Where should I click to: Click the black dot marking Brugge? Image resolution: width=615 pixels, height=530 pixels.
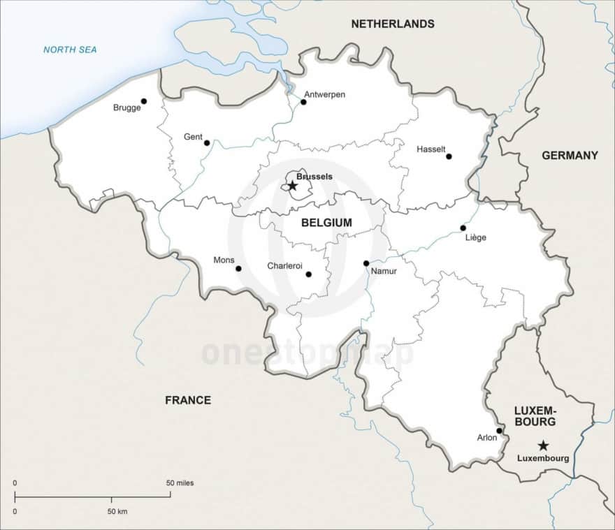(144, 101)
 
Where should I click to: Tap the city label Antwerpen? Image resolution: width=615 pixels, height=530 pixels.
(324, 94)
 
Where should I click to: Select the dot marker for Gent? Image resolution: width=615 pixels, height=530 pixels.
(207, 142)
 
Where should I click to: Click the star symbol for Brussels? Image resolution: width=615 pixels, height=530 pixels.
(293, 186)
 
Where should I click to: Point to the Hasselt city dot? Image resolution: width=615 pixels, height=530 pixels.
(449, 156)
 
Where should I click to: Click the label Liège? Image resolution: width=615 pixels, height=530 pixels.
(475, 237)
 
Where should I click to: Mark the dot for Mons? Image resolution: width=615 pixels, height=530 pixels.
(238, 268)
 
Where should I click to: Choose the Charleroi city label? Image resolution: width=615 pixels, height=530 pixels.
(284, 266)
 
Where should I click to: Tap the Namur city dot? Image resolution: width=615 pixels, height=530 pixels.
(366, 263)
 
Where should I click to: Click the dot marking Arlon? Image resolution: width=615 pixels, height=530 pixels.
(499, 431)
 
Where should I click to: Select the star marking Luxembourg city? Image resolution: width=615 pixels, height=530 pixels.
(543, 446)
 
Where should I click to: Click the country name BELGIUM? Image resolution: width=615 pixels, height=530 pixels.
(326, 223)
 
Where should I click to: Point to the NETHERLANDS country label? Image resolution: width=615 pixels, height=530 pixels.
(392, 24)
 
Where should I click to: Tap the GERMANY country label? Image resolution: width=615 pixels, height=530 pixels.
(570, 155)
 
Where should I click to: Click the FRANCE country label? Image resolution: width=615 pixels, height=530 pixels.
(187, 400)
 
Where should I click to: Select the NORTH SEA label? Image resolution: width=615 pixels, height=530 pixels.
(70, 50)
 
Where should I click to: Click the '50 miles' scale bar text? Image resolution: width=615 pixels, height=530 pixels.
(180, 483)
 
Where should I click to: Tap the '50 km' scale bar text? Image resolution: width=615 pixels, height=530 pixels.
(117, 512)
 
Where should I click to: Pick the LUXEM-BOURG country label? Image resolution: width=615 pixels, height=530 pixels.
(535, 416)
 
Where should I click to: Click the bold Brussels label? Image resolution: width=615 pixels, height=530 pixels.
(314, 177)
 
